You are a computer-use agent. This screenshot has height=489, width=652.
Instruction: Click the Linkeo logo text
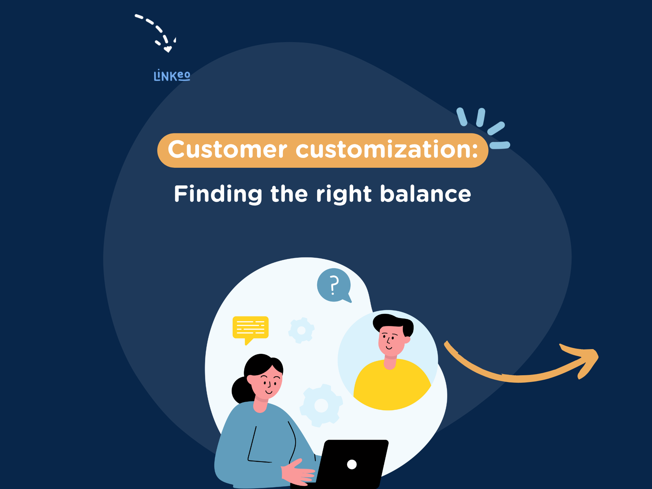point(172,75)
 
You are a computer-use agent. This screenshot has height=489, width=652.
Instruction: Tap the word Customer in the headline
point(228,149)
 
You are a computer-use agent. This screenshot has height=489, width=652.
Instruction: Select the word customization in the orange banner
point(387,149)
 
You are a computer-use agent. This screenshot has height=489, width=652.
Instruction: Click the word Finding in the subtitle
point(218,194)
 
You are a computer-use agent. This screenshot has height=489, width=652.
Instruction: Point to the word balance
point(425,194)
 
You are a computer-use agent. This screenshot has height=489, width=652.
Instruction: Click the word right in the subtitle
point(344,194)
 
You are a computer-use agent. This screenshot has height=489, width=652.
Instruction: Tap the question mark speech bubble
point(334,285)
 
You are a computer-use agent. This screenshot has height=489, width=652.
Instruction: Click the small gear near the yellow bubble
point(301,330)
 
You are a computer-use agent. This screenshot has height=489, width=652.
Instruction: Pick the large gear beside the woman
point(321,405)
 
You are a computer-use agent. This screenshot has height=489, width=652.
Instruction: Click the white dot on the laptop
point(352,464)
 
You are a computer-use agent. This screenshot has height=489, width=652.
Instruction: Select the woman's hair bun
point(240,390)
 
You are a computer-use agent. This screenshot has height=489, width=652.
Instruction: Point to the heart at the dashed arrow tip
point(168,49)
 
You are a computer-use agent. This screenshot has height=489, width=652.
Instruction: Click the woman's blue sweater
point(261,445)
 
